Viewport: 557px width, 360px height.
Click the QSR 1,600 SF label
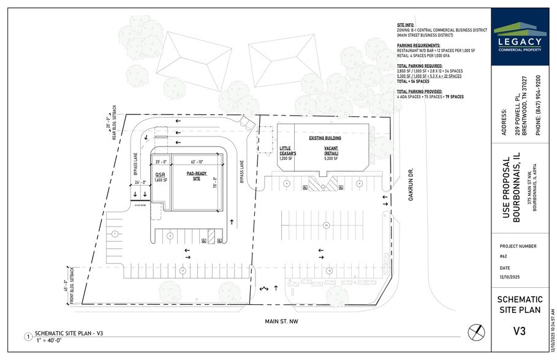[161, 177]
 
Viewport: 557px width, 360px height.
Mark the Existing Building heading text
[325, 138]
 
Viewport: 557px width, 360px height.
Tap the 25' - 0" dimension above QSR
[161, 162]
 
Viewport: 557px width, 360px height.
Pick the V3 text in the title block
[518, 332]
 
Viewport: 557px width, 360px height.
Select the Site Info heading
[405, 24]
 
